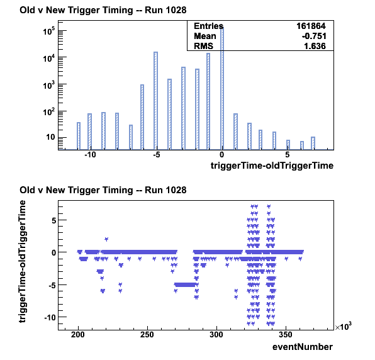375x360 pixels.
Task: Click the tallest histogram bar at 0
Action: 222,89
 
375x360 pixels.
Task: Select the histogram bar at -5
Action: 155,101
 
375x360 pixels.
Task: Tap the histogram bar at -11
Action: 79,136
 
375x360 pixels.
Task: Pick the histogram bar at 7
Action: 313,143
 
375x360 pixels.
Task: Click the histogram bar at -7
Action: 131,137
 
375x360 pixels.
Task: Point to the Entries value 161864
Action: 311,26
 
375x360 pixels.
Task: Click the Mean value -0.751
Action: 314,36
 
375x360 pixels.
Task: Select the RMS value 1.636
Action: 315,46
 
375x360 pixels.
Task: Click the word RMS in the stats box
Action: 203,46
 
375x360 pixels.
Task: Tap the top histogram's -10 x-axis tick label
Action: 90,155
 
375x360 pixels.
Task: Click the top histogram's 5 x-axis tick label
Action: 288,155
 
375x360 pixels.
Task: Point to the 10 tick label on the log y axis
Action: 50,137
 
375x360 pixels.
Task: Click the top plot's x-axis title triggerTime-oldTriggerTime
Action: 272,166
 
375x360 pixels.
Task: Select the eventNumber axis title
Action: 303,347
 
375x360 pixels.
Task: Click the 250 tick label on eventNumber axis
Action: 147,335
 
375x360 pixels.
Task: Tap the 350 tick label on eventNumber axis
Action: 286,335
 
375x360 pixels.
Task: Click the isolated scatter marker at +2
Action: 106,239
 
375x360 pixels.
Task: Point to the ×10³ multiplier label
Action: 343,326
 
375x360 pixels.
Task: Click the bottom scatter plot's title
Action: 103,190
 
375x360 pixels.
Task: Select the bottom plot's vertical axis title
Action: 22,261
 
